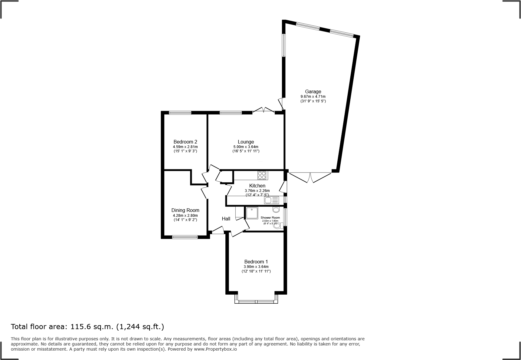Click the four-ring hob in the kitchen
point(262,175)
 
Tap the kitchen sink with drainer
point(271,200)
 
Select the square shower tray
point(252,213)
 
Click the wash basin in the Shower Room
point(276,210)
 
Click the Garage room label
point(313,91)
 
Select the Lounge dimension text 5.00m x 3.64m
point(245,147)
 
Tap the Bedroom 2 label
point(185,142)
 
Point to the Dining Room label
point(185,210)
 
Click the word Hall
point(226,219)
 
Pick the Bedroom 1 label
point(256,262)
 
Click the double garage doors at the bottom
point(310,177)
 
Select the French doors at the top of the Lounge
point(263,110)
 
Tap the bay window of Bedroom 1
point(256,301)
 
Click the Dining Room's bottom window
point(185,237)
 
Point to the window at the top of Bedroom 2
point(180,113)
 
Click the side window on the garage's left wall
point(284,45)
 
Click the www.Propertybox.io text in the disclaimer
point(215,349)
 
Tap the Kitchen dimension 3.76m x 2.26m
point(257,191)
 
